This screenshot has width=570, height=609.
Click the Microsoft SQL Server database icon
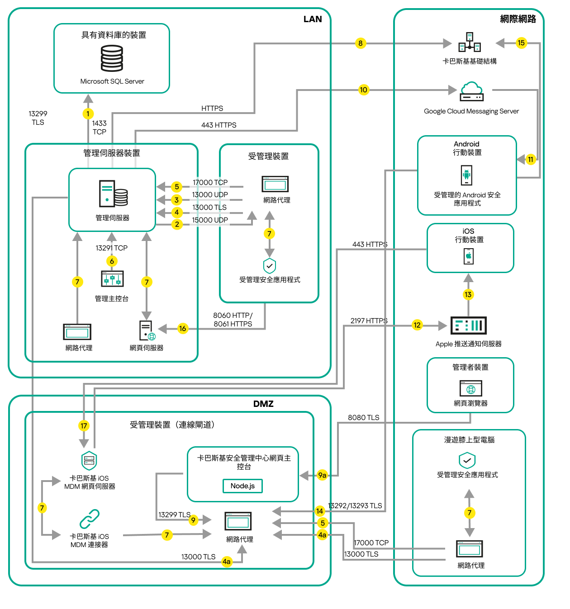click(x=112, y=59)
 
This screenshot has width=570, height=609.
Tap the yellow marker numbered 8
click(x=360, y=43)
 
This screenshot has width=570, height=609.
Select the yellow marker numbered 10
click(x=363, y=90)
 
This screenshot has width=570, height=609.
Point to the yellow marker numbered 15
click(x=521, y=43)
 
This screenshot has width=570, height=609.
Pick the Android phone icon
click(x=466, y=175)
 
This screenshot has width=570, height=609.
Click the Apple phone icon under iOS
click(x=469, y=256)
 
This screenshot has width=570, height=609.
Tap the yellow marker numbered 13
click(x=468, y=295)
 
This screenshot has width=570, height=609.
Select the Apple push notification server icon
click(x=469, y=325)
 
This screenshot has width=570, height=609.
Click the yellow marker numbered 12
click(x=417, y=325)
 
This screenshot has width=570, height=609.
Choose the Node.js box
click(x=242, y=486)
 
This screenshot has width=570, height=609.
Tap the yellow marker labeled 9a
click(x=322, y=475)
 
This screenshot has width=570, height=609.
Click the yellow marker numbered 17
click(x=84, y=426)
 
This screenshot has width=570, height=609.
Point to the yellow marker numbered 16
click(x=182, y=329)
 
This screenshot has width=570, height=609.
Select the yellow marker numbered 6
click(x=112, y=261)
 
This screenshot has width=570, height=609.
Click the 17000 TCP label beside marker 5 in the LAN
click(x=210, y=183)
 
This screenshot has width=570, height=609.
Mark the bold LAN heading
click(x=313, y=19)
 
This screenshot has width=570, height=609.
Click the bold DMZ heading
click(x=263, y=404)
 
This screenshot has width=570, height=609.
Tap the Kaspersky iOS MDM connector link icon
click(x=90, y=519)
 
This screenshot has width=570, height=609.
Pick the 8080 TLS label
click(x=363, y=418)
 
